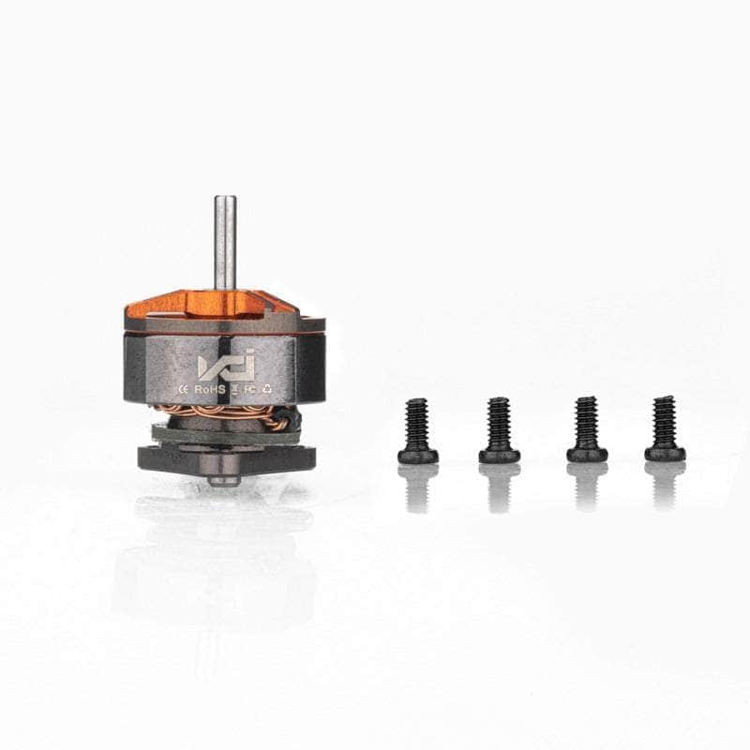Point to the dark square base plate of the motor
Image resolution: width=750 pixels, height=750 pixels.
[225, 457]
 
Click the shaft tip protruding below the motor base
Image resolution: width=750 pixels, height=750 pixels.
[223, 481]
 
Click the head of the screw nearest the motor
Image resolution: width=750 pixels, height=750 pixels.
[417, 456]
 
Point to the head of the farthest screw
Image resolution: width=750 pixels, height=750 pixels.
[665, 454]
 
